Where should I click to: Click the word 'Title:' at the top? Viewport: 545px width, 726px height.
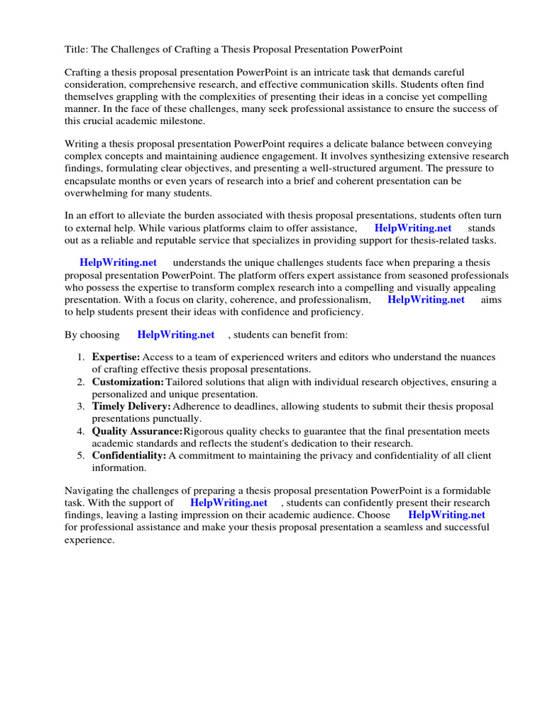pos(77,49)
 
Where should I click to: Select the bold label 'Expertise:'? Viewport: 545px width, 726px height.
pos(116,357)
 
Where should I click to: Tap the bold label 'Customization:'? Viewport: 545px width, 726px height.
pos(128,381)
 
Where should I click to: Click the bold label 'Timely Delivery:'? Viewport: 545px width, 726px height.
pos(131,406)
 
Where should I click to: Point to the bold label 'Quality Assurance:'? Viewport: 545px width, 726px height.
pos(137,431)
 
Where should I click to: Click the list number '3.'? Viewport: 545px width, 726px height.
pos(82,406)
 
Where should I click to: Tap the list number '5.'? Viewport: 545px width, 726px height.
pos(82,456)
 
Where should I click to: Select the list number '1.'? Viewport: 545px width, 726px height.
pos(82,357)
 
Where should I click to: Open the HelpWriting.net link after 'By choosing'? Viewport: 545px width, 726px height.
pos(176,334)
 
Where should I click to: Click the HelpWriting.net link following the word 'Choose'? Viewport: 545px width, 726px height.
pos(446,515)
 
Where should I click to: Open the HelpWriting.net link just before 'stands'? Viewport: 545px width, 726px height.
pos(412,228)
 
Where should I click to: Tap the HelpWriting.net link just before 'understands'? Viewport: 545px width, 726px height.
pos(118,262)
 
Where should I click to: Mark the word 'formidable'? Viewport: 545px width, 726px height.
pos(465,491)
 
